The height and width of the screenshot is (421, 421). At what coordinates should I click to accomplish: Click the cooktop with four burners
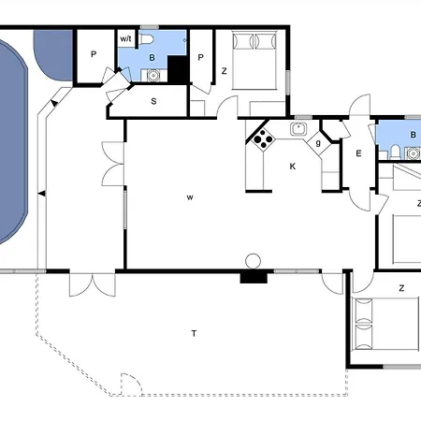tap(262, 141)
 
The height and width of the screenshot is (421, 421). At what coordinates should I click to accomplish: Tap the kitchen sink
tap(299, 130)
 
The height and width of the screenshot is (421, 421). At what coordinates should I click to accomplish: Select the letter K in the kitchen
tap(293, 166)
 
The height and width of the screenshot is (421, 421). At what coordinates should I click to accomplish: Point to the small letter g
tap(319, 142)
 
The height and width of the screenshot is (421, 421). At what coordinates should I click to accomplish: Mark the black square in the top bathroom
tap(177, 68)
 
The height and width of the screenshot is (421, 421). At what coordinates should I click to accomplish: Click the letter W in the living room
tap(189, 197)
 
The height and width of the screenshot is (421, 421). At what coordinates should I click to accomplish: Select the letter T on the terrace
tap(194, 333)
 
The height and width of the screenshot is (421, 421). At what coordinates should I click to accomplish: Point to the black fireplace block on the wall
tap(254, 276)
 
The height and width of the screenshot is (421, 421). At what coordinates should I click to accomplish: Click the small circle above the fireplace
tap(251, 260)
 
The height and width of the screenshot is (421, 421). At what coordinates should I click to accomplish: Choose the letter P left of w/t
tap(94, 54)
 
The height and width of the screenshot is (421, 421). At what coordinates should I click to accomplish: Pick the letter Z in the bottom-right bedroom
tap(401, 288)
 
